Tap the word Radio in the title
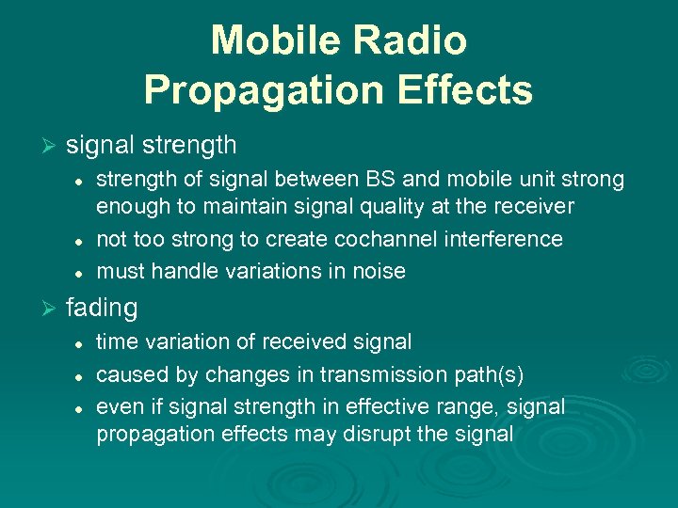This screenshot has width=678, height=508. point(414,40)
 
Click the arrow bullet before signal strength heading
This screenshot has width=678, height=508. point(52,146)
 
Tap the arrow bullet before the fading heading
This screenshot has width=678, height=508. point(52,308)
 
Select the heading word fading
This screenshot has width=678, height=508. point(102,308)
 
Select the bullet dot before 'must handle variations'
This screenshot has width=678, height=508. point(82,272)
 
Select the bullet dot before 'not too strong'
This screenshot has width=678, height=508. point(82,240)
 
